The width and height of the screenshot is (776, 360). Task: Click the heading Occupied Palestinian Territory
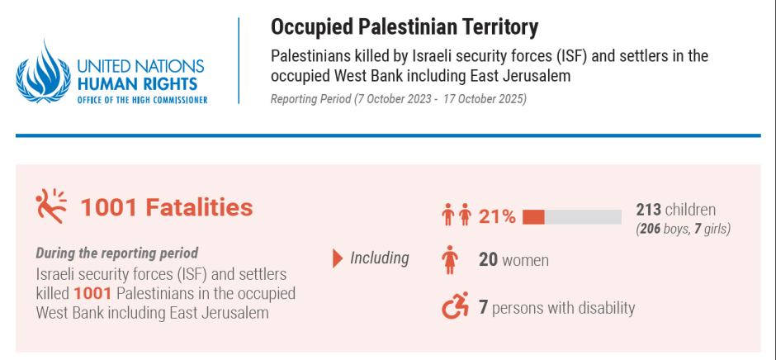(x=405, y=26)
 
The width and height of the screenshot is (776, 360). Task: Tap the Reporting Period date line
(x=398, y=99)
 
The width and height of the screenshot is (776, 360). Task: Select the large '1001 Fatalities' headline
(x=166, y=206)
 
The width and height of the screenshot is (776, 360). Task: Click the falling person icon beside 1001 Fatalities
(x=50, y=205)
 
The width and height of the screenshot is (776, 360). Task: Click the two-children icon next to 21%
(x=457, y=216)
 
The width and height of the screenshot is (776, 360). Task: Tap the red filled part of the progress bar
(x=533, y=217)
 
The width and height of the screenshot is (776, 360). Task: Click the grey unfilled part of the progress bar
(x=583, y=217)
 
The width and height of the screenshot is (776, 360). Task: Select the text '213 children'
(x=675, y=210)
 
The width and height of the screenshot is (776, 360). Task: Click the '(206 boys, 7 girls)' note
(x=683, y=228)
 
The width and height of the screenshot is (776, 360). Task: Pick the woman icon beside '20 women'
(x=450, y=261)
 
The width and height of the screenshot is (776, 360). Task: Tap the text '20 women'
(x=513, y=261)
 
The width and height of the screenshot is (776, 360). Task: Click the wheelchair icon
(x=455, y=307)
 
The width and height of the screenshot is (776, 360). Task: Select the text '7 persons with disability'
(x=556, y=308)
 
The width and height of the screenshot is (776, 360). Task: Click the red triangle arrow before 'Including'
(x=337, y=258)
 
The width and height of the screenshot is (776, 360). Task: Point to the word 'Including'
(x=379, y=258)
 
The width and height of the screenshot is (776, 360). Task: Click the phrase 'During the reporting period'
(x=116, y=253)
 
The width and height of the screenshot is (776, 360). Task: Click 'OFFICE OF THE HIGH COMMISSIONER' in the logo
(x=141, y=99)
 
